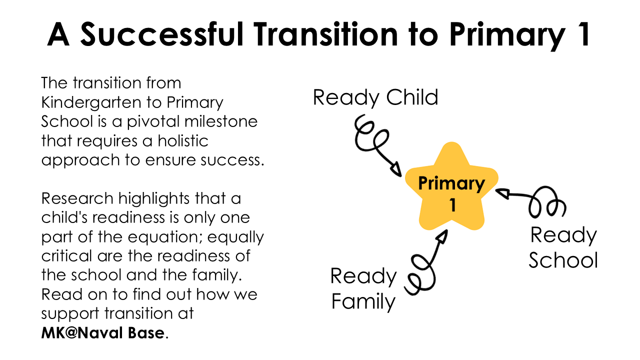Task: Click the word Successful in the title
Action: tap(161, 34)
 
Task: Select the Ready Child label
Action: tap(375, 97)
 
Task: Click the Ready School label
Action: tap(563, 247)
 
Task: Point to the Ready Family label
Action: tap(363, 289)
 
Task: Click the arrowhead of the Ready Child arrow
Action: tap(396, 169)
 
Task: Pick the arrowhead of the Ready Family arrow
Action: tap(442, 237)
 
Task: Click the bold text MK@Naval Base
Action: tap(103, 333)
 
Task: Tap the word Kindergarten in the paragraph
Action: tap(91, 103)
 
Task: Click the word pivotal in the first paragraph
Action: tap(153, 121)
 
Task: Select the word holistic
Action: tap(183, 140)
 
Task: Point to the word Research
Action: tap(77, 198)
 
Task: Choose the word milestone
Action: tap(221, 121)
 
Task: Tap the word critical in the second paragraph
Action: tap(66, 255)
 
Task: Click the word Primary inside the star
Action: tap(451, 183)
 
